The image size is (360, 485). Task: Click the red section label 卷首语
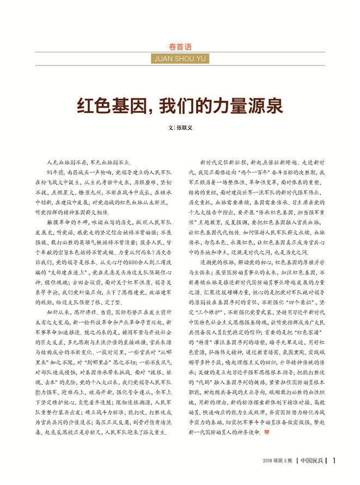(180, 46)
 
